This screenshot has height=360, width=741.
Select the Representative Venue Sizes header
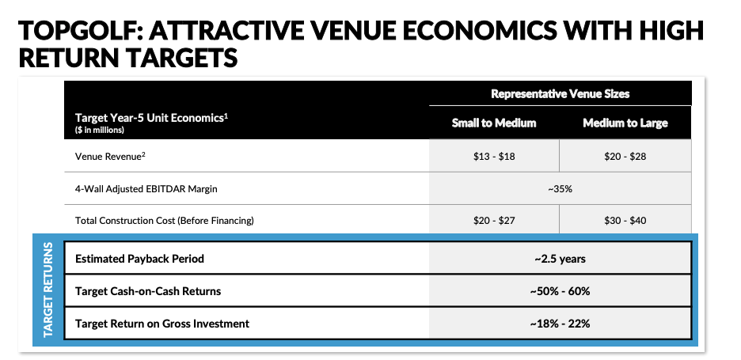(560, 93)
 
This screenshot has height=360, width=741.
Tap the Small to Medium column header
(494, 123)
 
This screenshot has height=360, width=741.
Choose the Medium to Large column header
(625, 123)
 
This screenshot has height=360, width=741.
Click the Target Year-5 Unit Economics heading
(149, 118)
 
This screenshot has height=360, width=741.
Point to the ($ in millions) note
(100, 130)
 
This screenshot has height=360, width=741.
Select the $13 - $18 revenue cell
(494, 156)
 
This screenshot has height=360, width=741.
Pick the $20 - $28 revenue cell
(625, 156)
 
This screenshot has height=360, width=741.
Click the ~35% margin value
(560, 188)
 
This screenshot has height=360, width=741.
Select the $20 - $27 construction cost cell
(494, 220)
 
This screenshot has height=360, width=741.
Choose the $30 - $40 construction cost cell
(625, 220)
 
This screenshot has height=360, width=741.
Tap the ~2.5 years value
(560, 259)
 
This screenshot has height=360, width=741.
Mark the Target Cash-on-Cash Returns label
(148, 291)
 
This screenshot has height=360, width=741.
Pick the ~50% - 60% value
(560, 291)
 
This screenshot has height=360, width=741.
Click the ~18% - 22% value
(560, 323)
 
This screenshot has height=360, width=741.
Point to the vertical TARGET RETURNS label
(48, 290)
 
